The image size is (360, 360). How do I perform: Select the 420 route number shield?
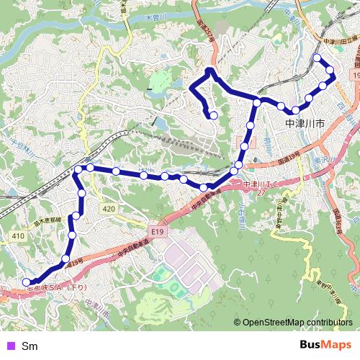[109, 209]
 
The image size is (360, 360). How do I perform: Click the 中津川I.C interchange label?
[261, 184]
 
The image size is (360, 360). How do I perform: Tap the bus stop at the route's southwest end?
[27, 282]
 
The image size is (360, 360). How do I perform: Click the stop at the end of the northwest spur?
[213, 114]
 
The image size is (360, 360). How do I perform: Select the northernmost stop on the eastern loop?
[317, 58]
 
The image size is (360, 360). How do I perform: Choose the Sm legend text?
[30, 346]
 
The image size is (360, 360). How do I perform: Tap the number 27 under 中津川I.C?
[261, 193]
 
